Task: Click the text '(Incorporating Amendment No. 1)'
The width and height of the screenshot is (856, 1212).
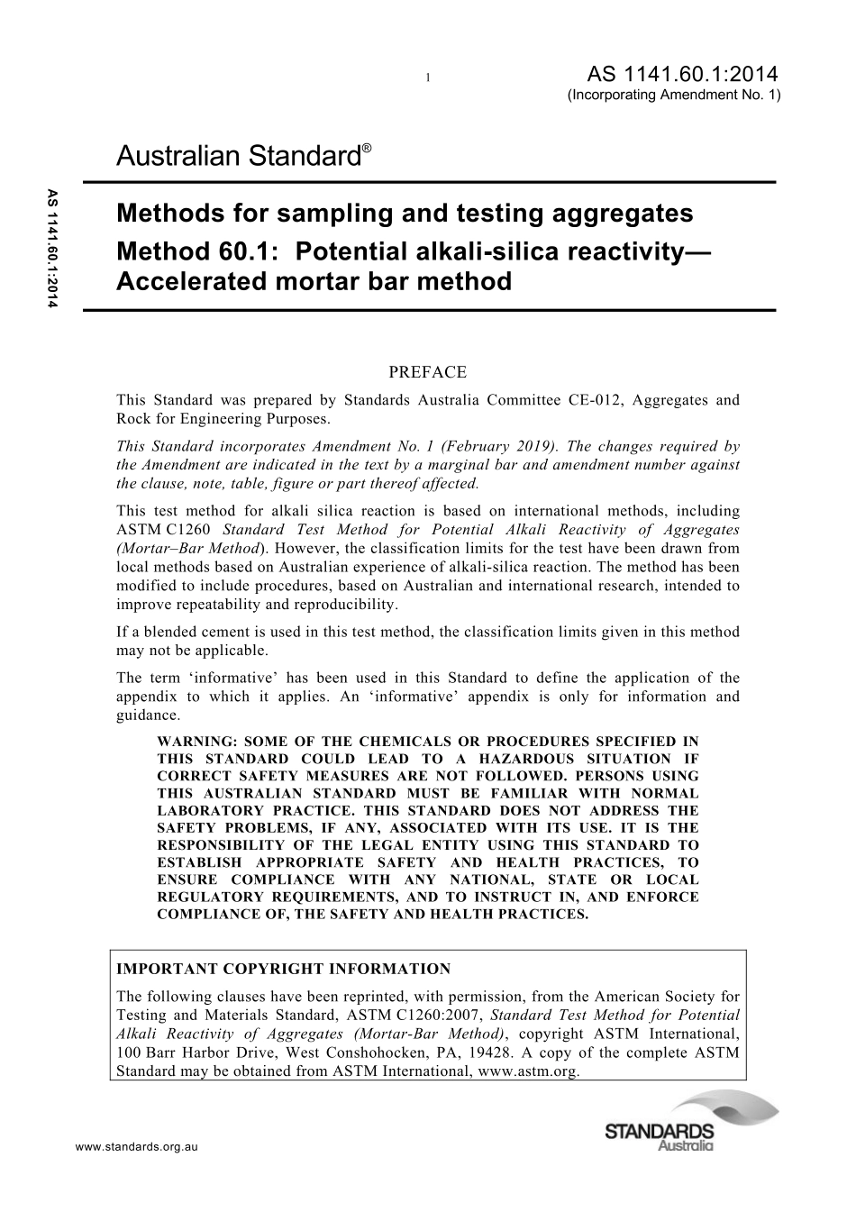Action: pyautogui.click(x=674, y=95)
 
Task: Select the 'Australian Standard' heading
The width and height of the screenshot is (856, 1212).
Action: pyautogui.click(x=238, y=157)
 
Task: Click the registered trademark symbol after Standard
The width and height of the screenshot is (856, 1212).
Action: pyautogui.click(x=366, y=146)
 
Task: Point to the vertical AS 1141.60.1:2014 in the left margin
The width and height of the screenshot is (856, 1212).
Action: pyautogui.click(x=51, y=249)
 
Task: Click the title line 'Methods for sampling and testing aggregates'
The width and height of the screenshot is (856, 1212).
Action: pyautogui.click(x=405, y=214)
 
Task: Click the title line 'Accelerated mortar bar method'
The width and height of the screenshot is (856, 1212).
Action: pyautogui.click(x=314, y=282)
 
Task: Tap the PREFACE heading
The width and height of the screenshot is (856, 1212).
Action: pyautogui.click(x=427, y=372)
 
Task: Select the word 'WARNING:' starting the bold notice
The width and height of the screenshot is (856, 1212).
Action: pyautogui.click(x=194, y=742)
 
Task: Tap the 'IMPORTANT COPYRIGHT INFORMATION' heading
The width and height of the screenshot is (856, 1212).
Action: pyautogui.click(x=284, y=970)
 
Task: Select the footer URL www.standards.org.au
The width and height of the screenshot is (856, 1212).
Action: pyautogui.click(x=136, y=1147)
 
